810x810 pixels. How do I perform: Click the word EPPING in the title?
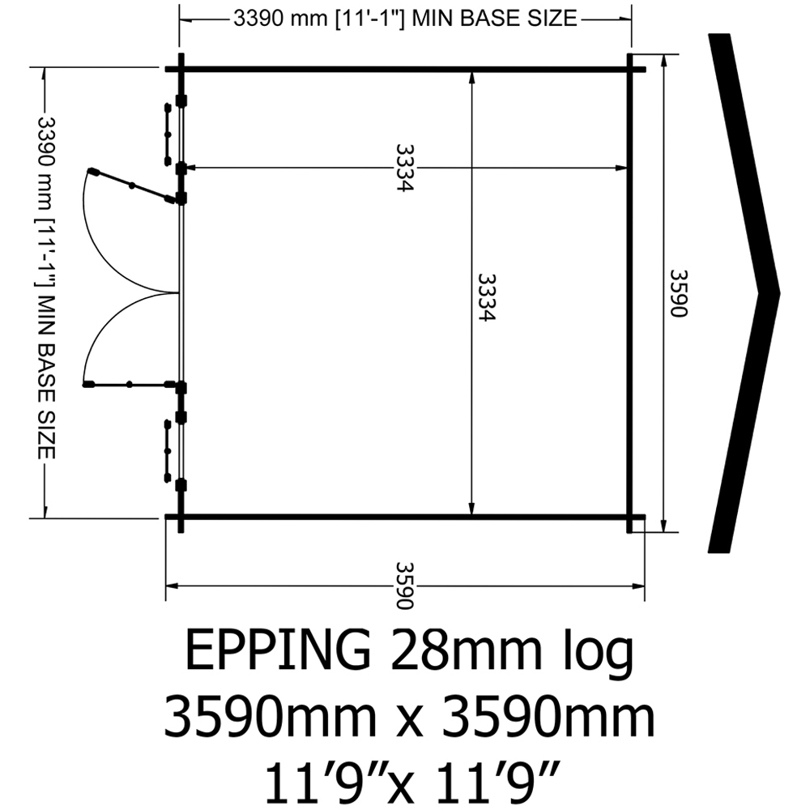(x=278, y=650)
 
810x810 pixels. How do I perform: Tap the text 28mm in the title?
(x=467, y=650)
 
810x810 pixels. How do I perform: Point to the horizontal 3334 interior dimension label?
(x=405, y=168)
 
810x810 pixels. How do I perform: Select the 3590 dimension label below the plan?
(x=405, y=586)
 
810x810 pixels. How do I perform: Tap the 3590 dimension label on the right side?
(x=679, y=293)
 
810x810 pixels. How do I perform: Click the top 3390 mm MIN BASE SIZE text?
(x=406, y=19)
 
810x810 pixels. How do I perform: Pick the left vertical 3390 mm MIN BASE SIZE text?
(x=46, y=288)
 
